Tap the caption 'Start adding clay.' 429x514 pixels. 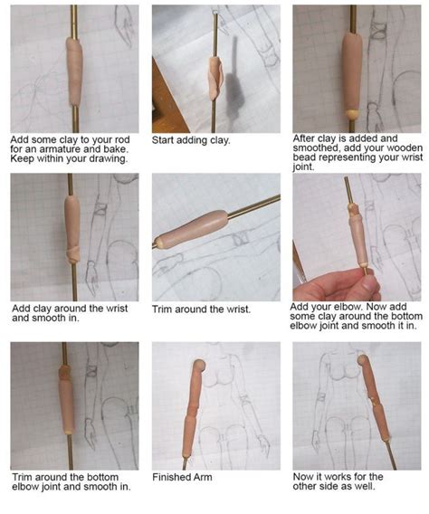pos(191,140)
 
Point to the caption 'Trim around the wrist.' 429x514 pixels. pos(201,309)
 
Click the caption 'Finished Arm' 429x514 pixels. pos(182,477)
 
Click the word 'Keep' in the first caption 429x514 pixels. pos(23,158)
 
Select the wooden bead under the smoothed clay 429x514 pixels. pos(351,113)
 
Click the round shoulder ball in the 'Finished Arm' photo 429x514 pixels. pos(198,366)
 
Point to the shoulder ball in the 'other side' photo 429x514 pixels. pos(362,360)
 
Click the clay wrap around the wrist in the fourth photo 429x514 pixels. pos(73,255)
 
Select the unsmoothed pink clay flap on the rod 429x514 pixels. pos(216,77)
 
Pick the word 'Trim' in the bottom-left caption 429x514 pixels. pos(23,477)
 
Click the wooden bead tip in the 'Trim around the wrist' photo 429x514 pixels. pos(159,243)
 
